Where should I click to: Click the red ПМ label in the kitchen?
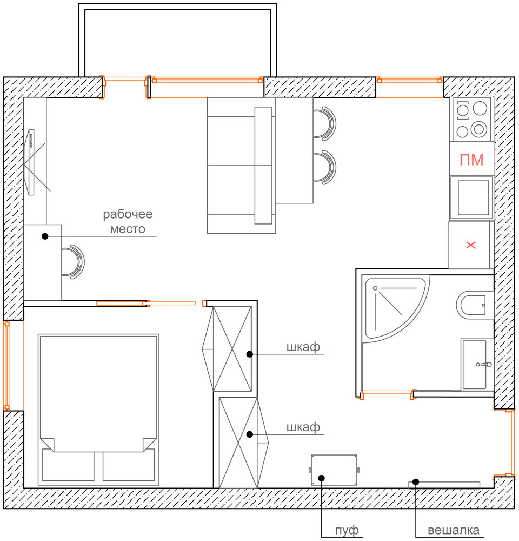471,160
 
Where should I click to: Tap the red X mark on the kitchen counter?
471,245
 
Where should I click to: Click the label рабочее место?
128,221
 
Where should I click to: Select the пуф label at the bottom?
347,530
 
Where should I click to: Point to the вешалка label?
454,530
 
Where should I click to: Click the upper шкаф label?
303,347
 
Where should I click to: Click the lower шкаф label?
303,427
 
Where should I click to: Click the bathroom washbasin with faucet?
476,364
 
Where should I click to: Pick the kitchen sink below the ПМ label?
472,198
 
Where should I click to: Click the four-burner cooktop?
471,120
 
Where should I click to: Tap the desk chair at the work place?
74,262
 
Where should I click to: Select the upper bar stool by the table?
325,124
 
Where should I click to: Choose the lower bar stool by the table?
325,167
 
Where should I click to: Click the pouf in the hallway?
334,470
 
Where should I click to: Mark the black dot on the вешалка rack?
416,481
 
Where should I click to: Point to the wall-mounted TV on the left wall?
31,162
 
